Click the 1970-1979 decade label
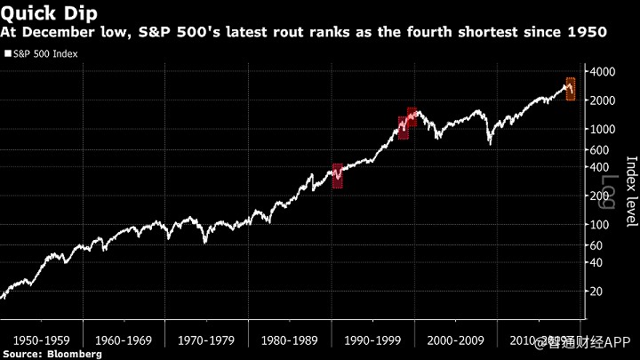[x=207, y=340]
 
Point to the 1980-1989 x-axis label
[x=290, y=340]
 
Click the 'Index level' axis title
[x=631, y=191]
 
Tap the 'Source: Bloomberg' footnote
[x=52, y=354]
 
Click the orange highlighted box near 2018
[x=570, y=89]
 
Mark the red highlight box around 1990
[x=338, y=175]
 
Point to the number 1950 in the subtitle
[x=586, y=33]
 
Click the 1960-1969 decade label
[x=124, y=340]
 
